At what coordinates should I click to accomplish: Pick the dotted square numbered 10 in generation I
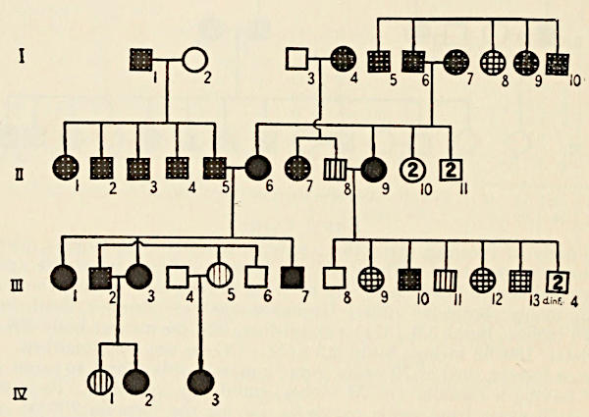point(559,65)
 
